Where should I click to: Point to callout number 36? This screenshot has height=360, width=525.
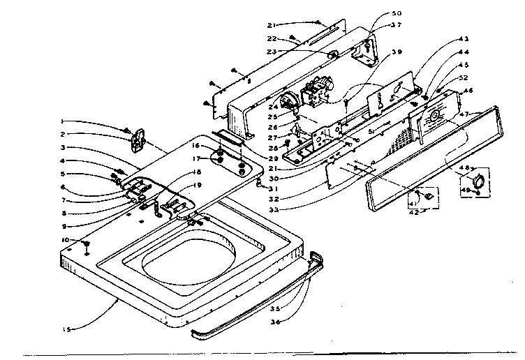click(x=276, y=322)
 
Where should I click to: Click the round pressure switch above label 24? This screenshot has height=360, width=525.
click(x=293, y=103)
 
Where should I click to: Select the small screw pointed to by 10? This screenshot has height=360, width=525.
click(x=87, y=243)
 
